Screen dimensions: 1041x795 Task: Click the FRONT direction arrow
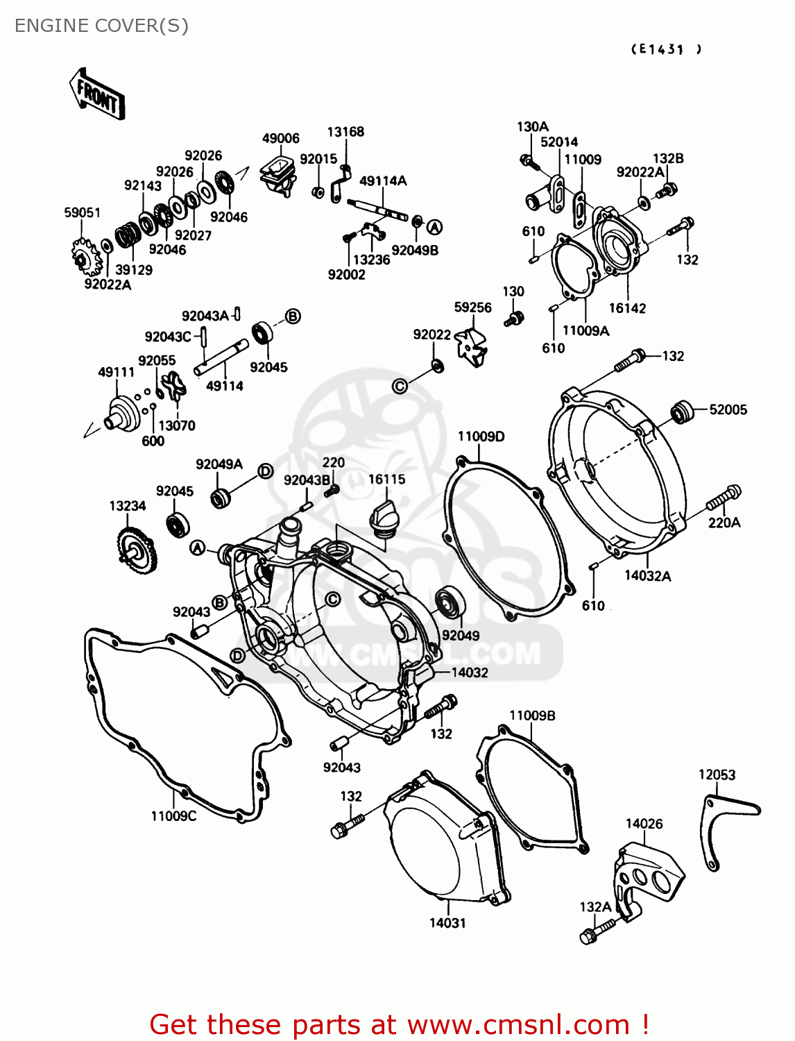coord(97,95)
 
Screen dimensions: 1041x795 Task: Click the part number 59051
coord(82,212)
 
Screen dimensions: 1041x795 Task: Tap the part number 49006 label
coord(280,138)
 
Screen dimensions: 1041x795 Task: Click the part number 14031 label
coord(447,923)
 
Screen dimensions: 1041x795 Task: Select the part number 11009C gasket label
coord(173,816)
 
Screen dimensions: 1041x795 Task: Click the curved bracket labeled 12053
coord(721,826)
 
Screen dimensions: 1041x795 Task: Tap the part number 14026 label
coord(644,824)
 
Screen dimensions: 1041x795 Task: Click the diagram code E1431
coord(666,49)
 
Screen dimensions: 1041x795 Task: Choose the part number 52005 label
coord(728,409)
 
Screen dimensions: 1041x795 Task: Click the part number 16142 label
coord(627,308)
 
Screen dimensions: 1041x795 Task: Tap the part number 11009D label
coord(481,436)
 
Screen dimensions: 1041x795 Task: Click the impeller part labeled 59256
coord(471,345)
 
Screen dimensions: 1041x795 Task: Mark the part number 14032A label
coord(647,575)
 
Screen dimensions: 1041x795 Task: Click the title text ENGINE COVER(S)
coord(101,26)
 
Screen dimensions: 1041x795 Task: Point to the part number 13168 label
coord(345,132)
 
